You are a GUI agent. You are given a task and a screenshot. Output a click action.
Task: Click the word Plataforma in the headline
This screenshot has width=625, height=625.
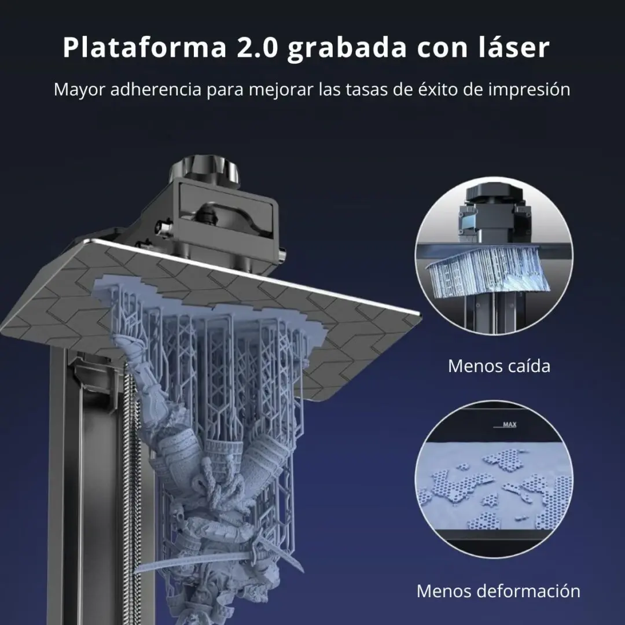pyautogui.click(x=145, y=48)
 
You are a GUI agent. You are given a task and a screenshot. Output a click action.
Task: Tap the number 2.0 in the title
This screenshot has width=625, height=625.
pyautogui.click(x=258, y=48)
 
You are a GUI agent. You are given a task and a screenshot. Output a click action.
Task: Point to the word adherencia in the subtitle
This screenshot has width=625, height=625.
pyautogui.click(x=156, y=89)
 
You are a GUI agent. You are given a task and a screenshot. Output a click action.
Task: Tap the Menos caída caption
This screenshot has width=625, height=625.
pyautogui.click(x=499, y=366)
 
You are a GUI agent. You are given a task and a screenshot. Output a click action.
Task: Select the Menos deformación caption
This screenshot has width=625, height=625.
pyautogui.click(x=498, y=591)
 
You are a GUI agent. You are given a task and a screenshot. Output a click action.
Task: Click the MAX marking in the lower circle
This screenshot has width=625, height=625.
pyautogui.click(x=509, y=425)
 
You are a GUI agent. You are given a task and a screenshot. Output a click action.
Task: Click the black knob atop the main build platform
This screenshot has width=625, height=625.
pyautogui.click(x=204, y=171)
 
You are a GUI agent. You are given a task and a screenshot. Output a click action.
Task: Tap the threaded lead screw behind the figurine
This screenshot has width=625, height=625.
pyautogui.click(x=130, y=458)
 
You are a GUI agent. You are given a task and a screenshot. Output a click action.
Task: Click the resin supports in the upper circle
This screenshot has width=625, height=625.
pyautogui.click(x=488, y=271)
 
